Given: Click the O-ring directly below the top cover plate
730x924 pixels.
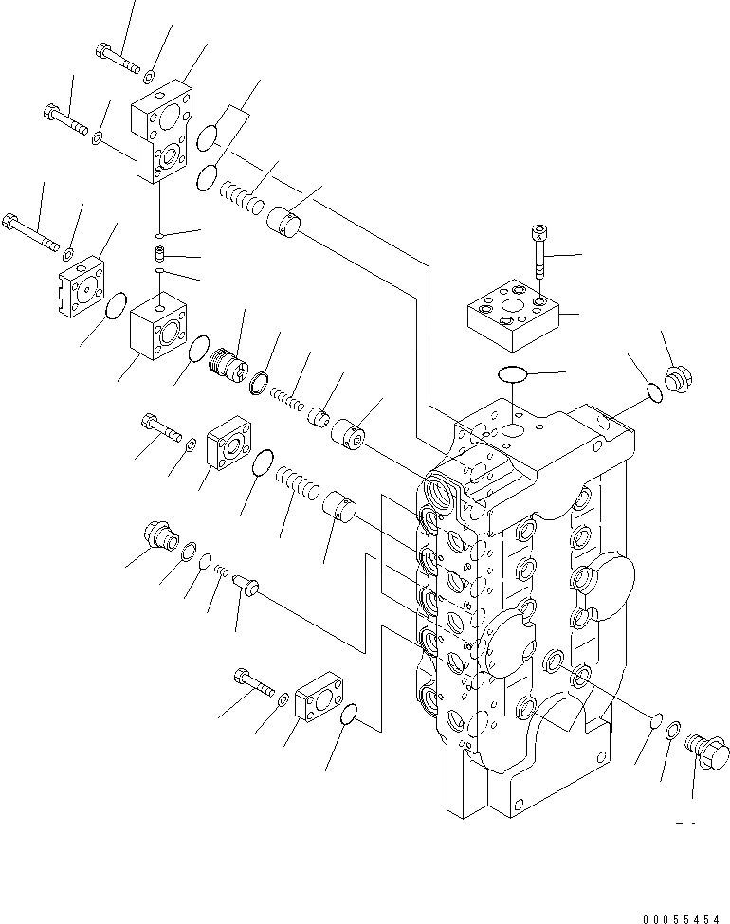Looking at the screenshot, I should (x=512, y=374).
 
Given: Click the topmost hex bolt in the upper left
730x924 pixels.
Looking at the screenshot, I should (x=115, y=57).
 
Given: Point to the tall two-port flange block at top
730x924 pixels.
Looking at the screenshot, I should (x=163, y=135).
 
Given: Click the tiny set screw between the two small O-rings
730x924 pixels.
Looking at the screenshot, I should (x=161, y=254).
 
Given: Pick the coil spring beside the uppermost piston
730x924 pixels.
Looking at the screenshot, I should (x=241, y=199).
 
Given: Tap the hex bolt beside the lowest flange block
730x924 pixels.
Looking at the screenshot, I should (x=250, y=680).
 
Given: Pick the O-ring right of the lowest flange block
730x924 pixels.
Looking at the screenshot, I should (x=349, y=716).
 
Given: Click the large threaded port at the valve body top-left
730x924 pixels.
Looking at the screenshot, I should (x=443, y=493).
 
